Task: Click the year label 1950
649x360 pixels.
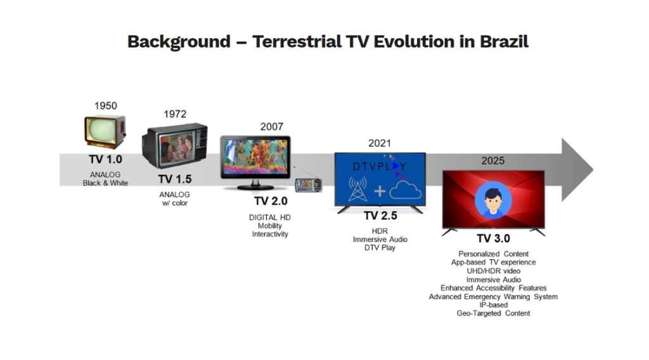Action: click(x=106, y=105)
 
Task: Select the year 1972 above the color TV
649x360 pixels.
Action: click(x=175, y=114)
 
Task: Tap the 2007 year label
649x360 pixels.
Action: click(x=271, y=127)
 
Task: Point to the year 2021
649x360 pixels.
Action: click(x=380, y=143)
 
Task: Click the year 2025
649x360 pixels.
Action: click(x=492, y=160)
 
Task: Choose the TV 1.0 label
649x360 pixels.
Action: click(x=106, y=159)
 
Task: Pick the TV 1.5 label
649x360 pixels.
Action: click(x=175, y=179)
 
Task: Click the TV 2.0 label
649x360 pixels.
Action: click(x=271, y=201)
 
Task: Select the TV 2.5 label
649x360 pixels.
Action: click(x=380, y=216)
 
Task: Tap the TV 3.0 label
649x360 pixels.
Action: click(x=493, y=239)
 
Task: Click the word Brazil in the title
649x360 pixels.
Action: click(x=504, y=42)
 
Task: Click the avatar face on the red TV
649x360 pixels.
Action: click(x=493, y=200)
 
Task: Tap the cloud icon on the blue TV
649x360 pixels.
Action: click(x=405, y=190)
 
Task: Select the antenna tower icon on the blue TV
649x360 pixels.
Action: click(x=357, y=189)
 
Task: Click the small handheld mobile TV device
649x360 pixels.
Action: click(x=309, y=185)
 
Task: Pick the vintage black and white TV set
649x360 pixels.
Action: click(x=105, y=132)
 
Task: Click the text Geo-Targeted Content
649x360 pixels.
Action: click(x=493, y=314)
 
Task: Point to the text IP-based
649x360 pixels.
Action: click(x=493, y=305)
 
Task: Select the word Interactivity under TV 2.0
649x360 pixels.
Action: click(x=270, y=235)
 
